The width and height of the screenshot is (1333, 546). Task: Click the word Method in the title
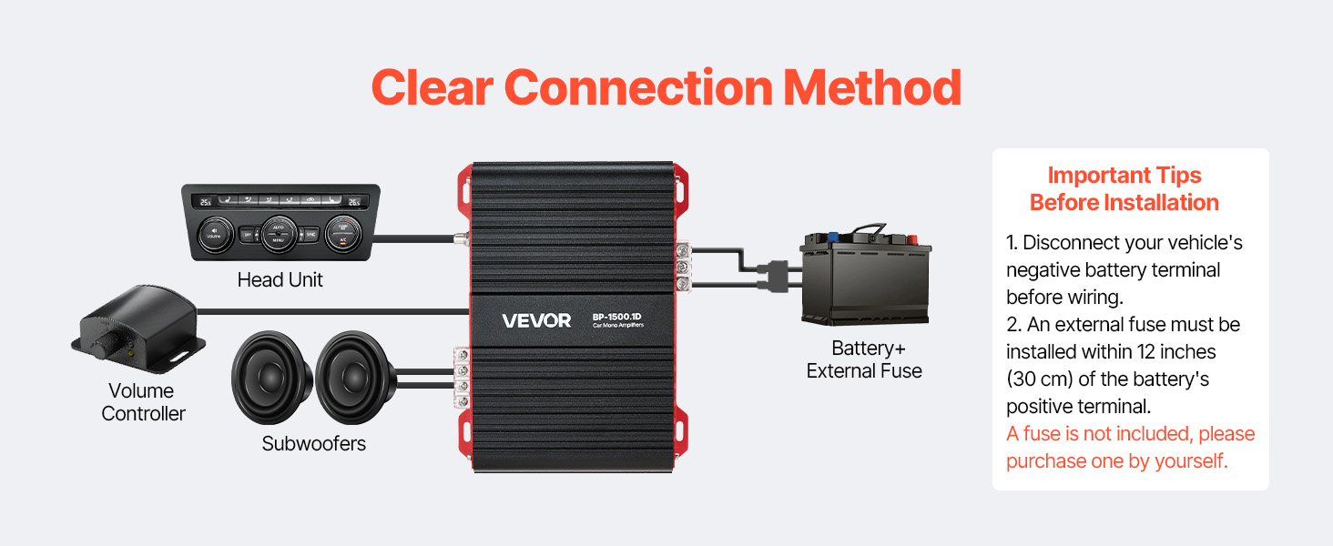pyautogui.click(x=871, y=88)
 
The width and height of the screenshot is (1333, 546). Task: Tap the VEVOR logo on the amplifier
pyautogui.click(x=536, y=320)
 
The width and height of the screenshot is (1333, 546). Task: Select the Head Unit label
pyautogui.click(x=280, y=280)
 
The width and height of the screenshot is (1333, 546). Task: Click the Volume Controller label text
pyautogui.click(x=143, y=402)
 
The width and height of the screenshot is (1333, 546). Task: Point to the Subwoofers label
pyautogui.click(x=313, y=444)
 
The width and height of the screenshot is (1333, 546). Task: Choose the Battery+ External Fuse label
pyautogui.click(x=864, y=359)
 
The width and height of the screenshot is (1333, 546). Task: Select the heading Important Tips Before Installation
pyautogui.click(x=1124, y=188)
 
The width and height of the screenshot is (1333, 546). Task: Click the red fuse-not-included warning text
pyautogui.click(x=1130, y=447)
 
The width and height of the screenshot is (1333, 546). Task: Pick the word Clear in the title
pyautogui.click(x=432, y=88)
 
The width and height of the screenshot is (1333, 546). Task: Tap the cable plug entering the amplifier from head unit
pyautogui.click(x=459, y=239)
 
